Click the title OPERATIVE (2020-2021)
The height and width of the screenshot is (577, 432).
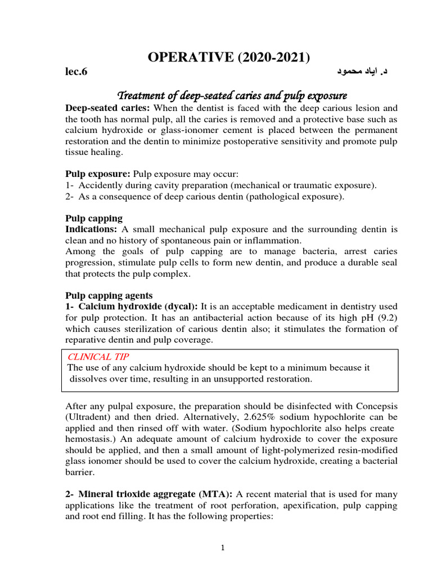pos(228,57)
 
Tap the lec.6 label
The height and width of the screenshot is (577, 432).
pos(77,72)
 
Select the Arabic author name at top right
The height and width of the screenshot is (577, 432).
pos(362,72)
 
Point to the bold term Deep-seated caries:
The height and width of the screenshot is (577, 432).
pos(107,108)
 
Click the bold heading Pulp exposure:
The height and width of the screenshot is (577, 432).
pos(98,174)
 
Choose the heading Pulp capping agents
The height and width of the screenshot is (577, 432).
pos(109,295)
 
